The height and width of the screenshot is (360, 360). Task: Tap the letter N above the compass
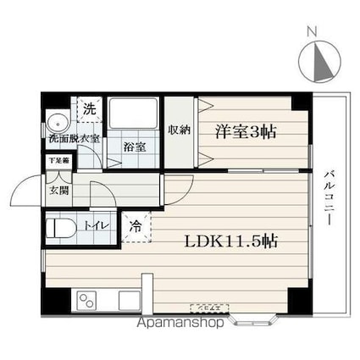[x=312, y=32]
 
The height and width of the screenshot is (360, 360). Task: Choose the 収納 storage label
[x=178, y=130]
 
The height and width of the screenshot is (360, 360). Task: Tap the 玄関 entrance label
[x=58, y=191]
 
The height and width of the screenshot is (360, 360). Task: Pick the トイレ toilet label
[x=93, y=225]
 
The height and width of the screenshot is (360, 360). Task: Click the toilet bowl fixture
[x=61, y=228]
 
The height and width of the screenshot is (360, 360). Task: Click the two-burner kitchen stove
[x=89, y=299]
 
